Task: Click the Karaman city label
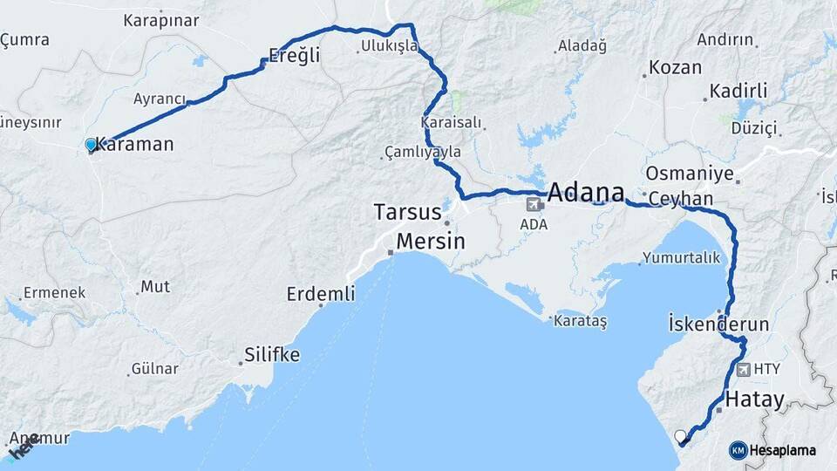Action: pos(135,145)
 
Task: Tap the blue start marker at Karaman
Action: pos(91,144)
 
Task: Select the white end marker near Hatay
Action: pos(681,435)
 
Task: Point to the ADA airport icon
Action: pos(534,205)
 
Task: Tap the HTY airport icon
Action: pos(743,369)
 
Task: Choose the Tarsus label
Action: pos(408,212)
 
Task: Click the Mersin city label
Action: pos(431,241)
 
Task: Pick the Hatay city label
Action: pos(755,400)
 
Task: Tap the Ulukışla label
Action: pos(390,45)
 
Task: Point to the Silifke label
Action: pos(270,355)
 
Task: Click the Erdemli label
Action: pos(321,294)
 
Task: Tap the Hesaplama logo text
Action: pos(782,450)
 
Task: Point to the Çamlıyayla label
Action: pos(423,152)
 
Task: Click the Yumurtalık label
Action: pos(682,257)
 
